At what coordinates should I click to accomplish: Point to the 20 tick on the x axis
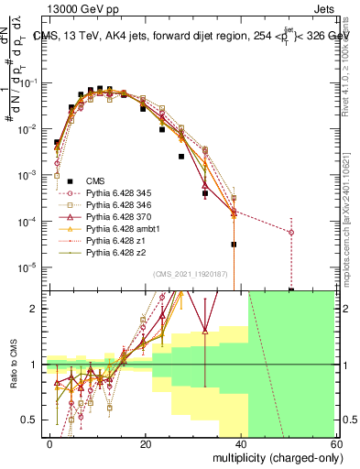tap(146, 443)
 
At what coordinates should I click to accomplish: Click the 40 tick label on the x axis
tap(242, 443)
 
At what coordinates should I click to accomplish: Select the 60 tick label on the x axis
tap(336, 443)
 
